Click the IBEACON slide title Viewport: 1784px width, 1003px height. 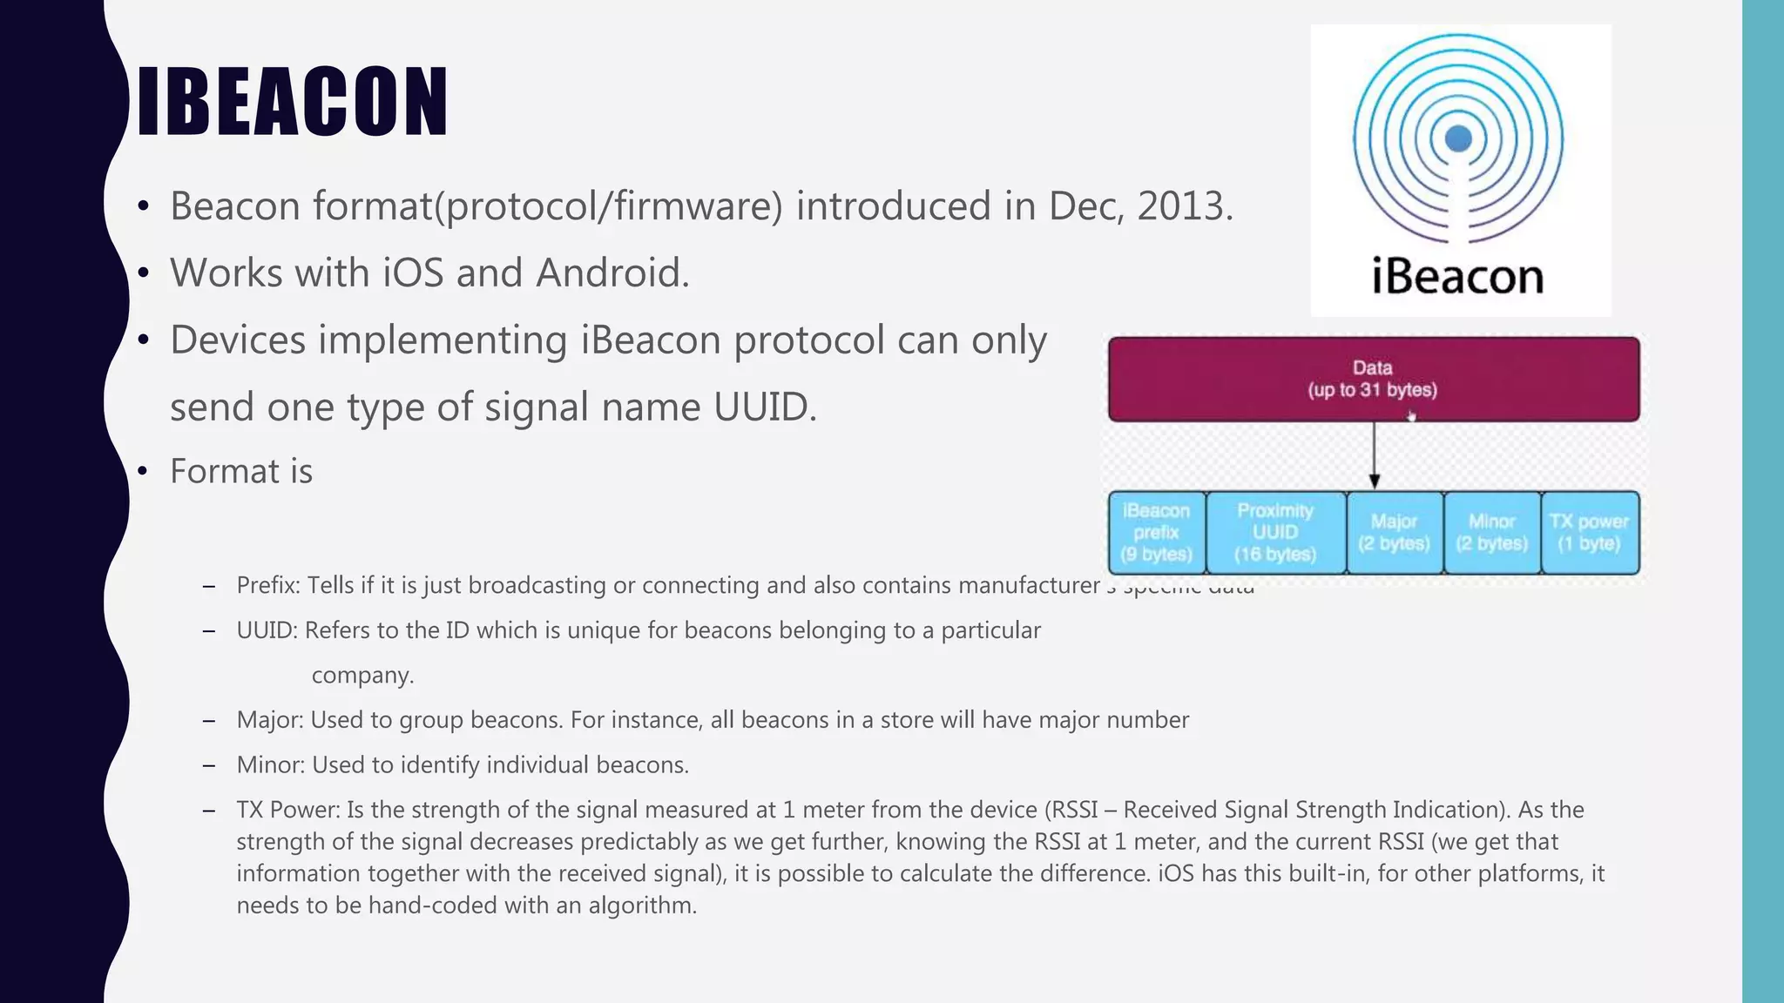coord(293,102)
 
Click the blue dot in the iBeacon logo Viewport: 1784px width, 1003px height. coord(1458,138)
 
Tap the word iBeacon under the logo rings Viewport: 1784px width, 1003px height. coord(1457,277)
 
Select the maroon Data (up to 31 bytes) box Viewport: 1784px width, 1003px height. coord(1373,380)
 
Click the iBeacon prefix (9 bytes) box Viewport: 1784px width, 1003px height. coord(1157,532)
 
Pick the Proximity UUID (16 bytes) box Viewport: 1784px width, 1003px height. coord(1275,532)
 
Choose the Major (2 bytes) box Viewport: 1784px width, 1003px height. coord(1394,532)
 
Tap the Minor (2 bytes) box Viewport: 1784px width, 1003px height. coord(1491,532)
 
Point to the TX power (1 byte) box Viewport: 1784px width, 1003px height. coord(1589,532)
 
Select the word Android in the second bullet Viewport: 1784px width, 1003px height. coord(612,273)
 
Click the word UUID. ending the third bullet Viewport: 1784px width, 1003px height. coord(765,407)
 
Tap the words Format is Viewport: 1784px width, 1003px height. coord(240,471)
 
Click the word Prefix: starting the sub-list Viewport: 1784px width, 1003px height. coord(268,585)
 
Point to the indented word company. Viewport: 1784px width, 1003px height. coord(362,676)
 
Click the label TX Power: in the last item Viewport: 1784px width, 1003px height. coord(287,810)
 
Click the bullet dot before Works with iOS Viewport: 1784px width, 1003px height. coord(144,273)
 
